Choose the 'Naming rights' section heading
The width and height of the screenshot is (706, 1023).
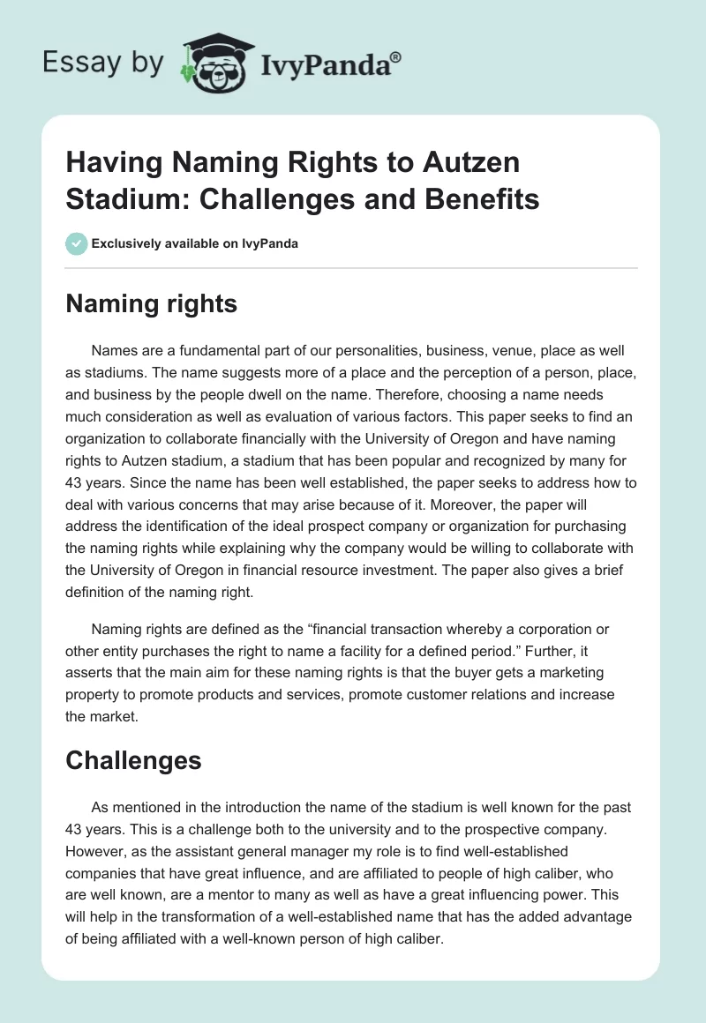(x=151, y=304)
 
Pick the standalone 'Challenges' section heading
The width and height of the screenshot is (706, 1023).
(x=133, y=761)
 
